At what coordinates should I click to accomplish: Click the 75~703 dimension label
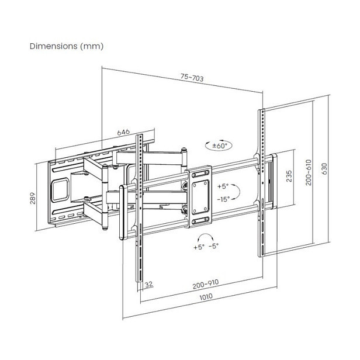(192, 77)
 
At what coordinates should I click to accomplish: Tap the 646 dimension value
(123, 133)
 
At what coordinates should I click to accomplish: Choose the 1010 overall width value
(205, 297)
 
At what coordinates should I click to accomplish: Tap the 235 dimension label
(289, 176)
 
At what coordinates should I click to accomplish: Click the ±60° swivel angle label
(219, 145)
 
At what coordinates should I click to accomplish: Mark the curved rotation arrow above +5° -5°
(206, 237)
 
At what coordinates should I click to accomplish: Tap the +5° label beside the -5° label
(199, 247)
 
